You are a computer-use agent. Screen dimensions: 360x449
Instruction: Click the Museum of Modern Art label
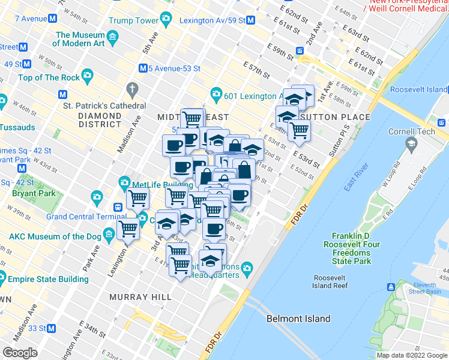[80, 39]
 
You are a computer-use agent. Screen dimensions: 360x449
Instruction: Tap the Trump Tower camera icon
[166, 20]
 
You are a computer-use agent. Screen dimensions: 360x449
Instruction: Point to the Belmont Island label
[298, 319]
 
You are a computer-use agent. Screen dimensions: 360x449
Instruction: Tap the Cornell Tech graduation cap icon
[411, 144]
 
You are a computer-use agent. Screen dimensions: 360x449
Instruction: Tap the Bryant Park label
[34, 194]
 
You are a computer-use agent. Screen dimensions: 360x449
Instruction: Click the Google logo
[20, 353]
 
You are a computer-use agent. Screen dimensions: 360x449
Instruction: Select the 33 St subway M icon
[52, 328]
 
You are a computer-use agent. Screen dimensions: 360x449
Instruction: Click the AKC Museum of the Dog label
[55, 236]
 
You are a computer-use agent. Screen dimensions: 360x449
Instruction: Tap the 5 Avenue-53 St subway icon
[143, 68]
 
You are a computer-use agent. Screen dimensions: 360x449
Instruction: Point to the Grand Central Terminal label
[82, 217]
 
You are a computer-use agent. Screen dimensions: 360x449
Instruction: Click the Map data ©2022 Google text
[412, 355]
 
